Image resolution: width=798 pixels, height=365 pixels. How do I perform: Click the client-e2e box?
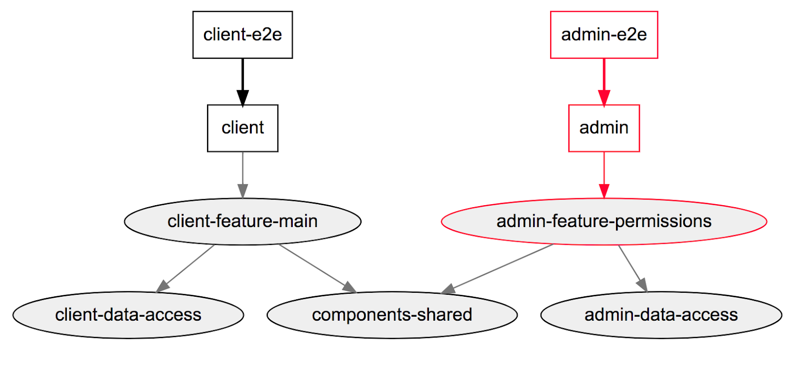pyautogui.click(x=242, y=35)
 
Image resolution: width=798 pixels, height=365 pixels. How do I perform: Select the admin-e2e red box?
pyautogui.click(x=603, y=35)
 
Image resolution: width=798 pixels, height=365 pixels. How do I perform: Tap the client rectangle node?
pyautogui.click(x=242, y=128)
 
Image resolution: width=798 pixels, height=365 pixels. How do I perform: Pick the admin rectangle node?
pyautogui.click(x=603, y=128)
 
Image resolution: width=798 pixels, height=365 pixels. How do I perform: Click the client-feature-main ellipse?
pyautogui.click(x=242, y=221)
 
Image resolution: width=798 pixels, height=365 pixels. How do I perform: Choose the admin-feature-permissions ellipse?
pyautogui.click(x=603, y=221)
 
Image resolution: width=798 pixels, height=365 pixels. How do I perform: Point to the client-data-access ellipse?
pyautogui.click(x=128, y=315)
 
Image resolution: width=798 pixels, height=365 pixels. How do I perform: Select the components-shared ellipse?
pyautogui.click(x=392, y=315)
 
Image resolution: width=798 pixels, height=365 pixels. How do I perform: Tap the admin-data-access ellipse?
pyautogui.click(x=661, y=315)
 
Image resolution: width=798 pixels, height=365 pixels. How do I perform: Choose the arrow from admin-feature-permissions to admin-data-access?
pyautogui.click(x=631, y=267)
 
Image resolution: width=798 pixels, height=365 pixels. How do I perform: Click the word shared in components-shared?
pyautogui.click(x=444, y=315)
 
